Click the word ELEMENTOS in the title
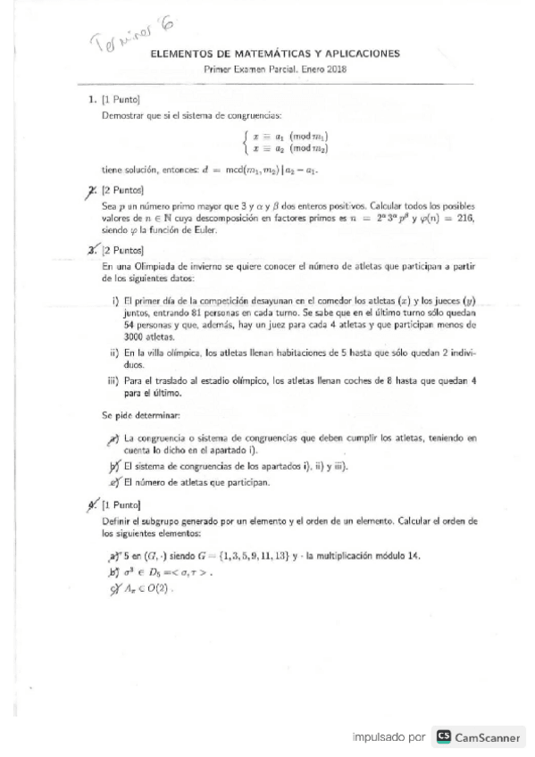(x=184, y=54)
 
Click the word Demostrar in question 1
(x=121, y=115)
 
